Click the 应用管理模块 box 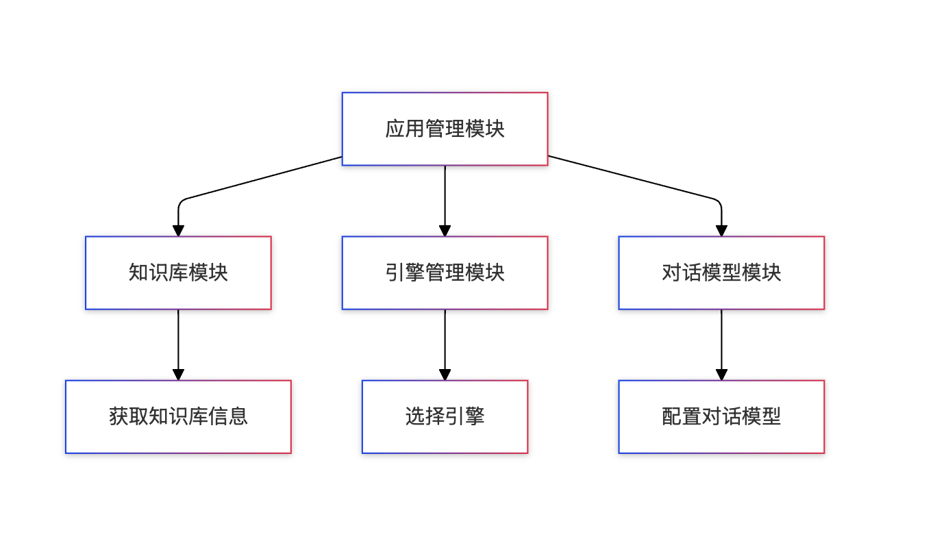(445, 129)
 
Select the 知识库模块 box (178, 273)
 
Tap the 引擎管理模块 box (445, 273)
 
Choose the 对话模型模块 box (721, 273)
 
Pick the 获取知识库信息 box (178, 416)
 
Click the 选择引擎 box (445, 416)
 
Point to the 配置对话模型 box (721, 416)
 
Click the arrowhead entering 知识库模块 (178, 231)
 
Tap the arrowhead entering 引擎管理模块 (445, 231)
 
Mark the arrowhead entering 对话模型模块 (721, 231)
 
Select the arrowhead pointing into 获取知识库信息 (178, 375)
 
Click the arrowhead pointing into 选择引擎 (445, 375)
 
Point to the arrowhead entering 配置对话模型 (721, 375)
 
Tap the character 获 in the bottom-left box (119, 416)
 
